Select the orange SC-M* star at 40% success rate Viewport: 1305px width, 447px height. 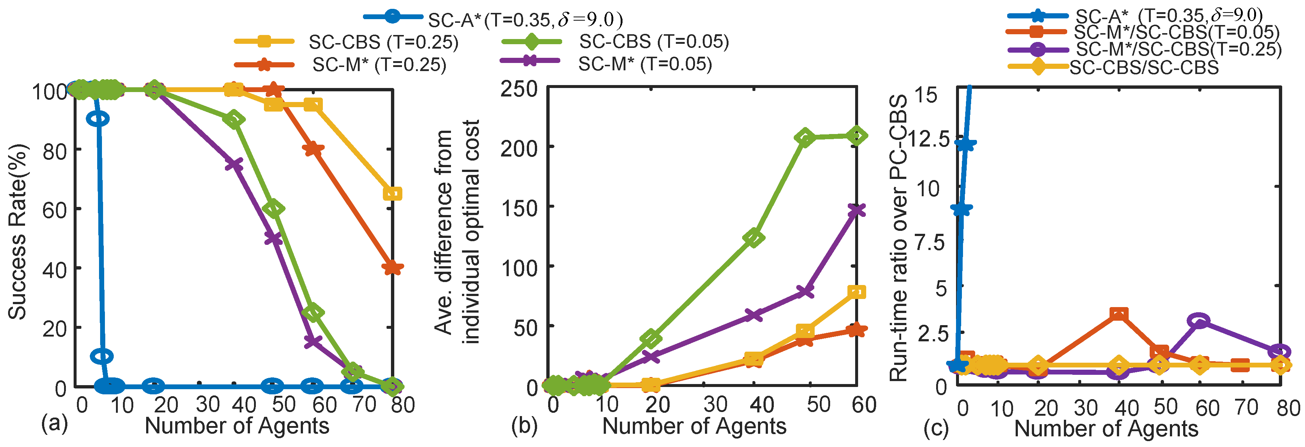393,268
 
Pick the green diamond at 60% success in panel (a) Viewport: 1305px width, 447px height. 274,208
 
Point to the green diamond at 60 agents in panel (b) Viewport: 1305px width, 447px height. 856,135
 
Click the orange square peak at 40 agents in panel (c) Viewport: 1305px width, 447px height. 1119,314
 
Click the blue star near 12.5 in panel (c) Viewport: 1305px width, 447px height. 966,144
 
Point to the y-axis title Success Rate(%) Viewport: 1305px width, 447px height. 18,232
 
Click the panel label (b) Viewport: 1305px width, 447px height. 524,425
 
